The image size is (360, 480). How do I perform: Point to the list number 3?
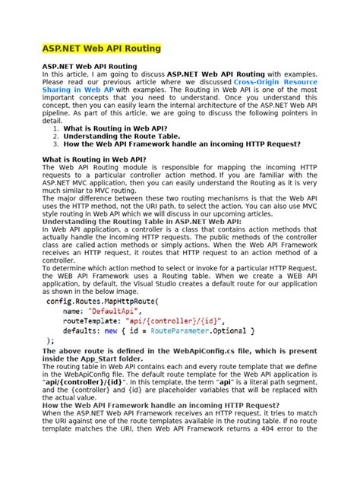[55, 145]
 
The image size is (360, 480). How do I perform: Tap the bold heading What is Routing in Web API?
[94, 159]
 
